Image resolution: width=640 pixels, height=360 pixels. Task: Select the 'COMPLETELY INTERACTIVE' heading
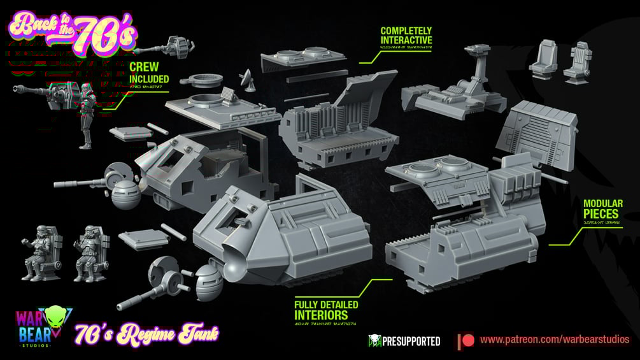(x=406, y=35)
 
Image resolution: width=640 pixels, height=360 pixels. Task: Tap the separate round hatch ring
(x=198, y=80)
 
